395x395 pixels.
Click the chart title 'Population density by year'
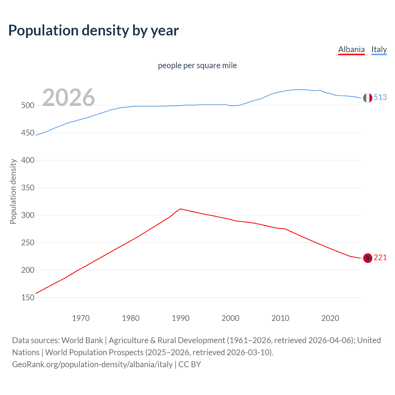tap(94, 31)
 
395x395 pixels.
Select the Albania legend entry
tap(351, 49)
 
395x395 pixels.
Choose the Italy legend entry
tap(379, 49)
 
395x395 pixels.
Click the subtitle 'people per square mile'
tap(197, 65)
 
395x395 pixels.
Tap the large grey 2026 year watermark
tap(69, 98)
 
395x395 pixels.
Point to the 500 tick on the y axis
tap(28, 105)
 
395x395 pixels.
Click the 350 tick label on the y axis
tap(28, 188)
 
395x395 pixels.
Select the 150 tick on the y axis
tap(28, 297)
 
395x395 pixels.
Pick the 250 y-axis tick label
tap(28, 243)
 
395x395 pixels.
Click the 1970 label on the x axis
tap(81, 318)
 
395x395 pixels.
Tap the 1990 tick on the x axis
tap(181, 318)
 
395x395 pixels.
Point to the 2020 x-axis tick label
tap(330, 318)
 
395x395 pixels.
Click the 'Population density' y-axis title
tap(13, 191)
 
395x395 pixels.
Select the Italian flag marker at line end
tap(368, 98)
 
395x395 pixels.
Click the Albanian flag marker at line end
tap(368, 258)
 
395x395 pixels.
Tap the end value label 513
tap(380, 97)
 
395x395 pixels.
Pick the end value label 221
tap(380, 257)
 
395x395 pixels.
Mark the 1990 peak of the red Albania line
tap(180, 209)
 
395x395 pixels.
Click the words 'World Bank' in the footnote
tap(82, 340)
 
